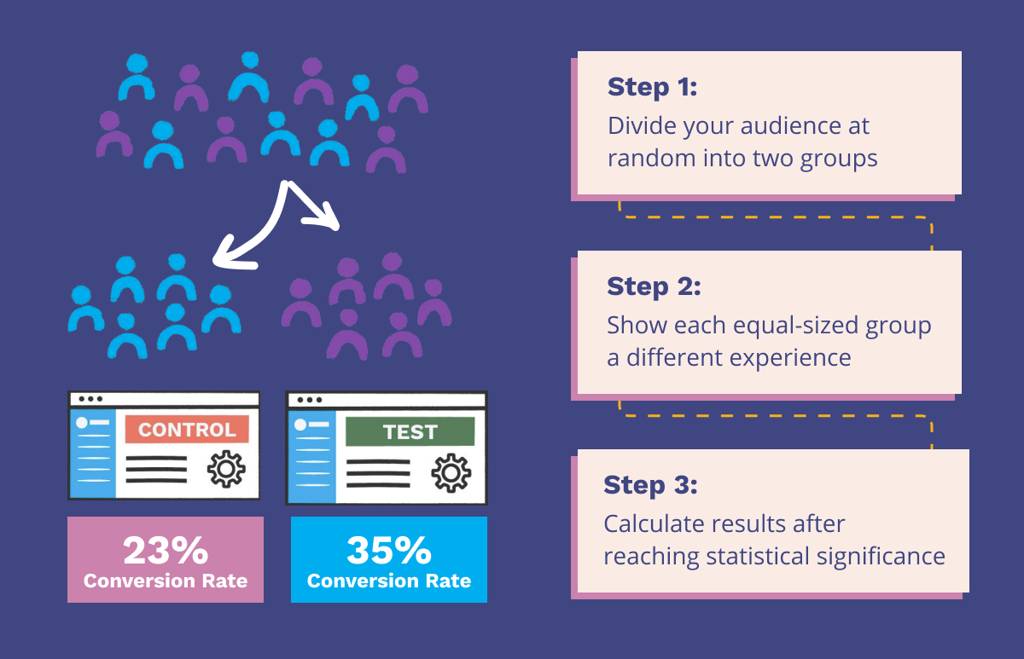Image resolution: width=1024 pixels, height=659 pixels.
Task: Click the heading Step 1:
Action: tap(653, 87)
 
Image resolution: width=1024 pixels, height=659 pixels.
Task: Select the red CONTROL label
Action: tap(187, 429)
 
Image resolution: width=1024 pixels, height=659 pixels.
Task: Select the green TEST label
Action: tap(410, 431)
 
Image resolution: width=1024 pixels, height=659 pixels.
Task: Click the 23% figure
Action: tap(166, 551)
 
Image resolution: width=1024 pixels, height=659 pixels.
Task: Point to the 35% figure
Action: tap(389, 551)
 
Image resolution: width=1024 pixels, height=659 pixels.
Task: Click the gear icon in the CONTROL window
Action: tap(226, 469)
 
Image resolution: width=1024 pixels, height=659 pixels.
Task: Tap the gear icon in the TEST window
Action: tap(450, 472)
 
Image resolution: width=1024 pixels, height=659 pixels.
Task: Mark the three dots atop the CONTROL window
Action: tap(89, 399)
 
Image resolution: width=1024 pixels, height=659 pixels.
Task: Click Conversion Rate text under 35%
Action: tap(389, 581)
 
